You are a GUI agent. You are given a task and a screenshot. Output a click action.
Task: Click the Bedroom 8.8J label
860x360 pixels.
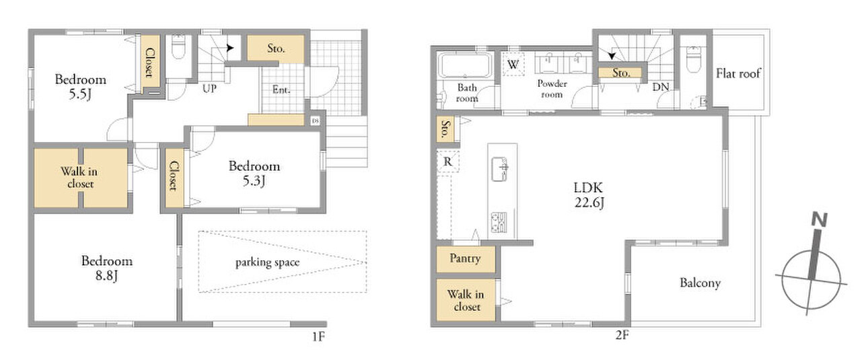(107, 268)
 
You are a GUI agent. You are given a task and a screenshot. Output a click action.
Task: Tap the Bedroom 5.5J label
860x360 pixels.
(80, 87)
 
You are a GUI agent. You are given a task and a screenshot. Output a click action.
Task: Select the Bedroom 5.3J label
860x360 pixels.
(254, 174)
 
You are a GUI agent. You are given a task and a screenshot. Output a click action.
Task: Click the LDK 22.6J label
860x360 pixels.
(589, 195)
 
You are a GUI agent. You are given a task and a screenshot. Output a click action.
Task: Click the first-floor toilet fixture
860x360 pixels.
(178, 46)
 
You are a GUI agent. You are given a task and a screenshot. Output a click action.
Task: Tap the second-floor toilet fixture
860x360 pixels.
(694, 59)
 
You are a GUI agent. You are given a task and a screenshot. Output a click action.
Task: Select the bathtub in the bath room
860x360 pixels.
(465, 65)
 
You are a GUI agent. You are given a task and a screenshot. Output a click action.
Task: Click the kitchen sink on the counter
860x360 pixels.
(499, 169)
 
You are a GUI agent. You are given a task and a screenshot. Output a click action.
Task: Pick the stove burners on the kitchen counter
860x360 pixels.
(499, 223)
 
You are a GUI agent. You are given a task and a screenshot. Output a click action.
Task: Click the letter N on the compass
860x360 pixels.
(819, 219)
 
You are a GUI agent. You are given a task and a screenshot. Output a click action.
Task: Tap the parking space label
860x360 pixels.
(267, 262)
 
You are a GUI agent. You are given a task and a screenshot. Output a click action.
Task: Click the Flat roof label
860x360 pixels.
(738, 73)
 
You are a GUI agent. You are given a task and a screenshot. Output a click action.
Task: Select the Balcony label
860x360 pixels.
(700, 283)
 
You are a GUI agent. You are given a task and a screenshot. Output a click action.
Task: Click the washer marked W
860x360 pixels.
(513, 64)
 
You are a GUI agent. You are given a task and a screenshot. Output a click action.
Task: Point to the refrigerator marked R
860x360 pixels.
(447, 161)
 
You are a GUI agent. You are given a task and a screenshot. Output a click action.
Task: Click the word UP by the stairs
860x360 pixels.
(210, 89)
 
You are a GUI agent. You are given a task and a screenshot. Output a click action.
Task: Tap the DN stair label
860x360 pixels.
(661, 87)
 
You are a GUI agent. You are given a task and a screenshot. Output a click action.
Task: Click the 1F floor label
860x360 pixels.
(318, 337)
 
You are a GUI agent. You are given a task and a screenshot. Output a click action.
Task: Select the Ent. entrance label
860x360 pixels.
(281, 89)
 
